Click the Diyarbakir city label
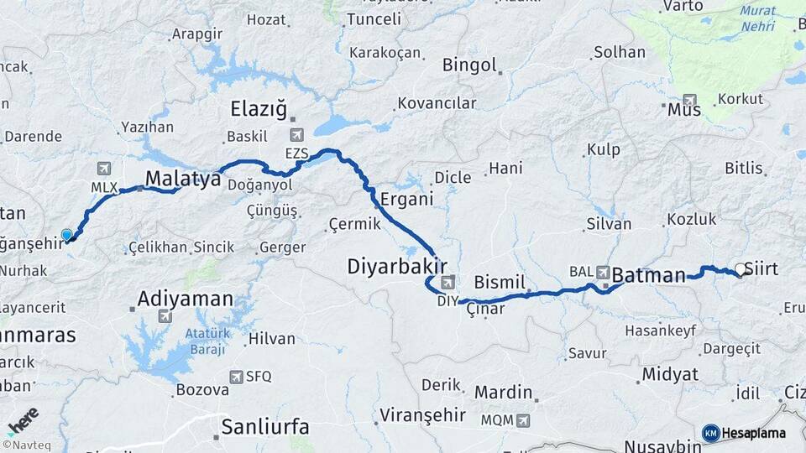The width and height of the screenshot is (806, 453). [397, 267]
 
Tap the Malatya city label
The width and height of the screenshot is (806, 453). [183, 179]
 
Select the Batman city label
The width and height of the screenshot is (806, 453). [649, 274]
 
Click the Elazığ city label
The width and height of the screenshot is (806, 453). [259, 109]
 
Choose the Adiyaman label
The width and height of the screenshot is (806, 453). [185, 299]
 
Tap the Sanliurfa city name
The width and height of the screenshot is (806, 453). [264, 427]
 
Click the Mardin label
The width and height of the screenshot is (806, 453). [504, 392]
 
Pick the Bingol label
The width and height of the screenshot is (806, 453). [469, 65]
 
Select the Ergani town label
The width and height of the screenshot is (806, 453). [406, 200]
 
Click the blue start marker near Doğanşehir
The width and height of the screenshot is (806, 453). [66, 235]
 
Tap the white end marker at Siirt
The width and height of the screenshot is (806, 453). [740, 269]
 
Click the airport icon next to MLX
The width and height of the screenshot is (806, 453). [104, 169]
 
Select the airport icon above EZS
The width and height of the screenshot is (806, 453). [296, 135]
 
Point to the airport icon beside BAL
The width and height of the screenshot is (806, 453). [604, 272]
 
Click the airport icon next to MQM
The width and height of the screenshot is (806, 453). [524, 419]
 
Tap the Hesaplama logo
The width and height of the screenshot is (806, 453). [744, 433]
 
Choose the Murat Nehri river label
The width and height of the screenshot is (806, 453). [758, 19]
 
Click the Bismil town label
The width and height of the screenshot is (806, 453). [500, 280]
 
